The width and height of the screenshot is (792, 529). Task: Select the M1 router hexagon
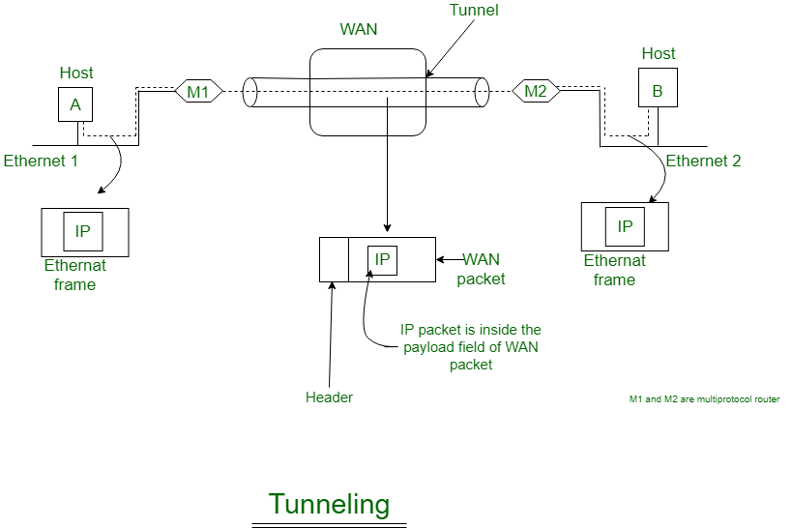coord(198,92)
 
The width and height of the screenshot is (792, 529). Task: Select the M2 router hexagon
coord(536,92)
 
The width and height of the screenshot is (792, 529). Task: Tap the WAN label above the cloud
coord(358,29)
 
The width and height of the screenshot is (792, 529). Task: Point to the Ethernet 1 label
coord(41,161)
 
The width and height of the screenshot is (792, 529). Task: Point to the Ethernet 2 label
coord(703,161)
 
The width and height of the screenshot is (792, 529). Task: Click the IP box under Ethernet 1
coord(83,232)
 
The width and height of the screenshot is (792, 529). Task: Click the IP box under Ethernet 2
coord(625,226)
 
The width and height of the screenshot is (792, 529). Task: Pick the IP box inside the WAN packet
coord(382,259)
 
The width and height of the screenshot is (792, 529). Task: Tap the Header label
coord(329,397)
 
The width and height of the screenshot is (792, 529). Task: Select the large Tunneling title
coord(329,504)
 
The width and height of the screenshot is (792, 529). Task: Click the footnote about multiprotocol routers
coord(704,398)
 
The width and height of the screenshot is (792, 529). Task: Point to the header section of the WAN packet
coord(334,259)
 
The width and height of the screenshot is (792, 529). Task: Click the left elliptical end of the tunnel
coord(250,92)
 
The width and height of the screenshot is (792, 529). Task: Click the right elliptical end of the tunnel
coord(481,92)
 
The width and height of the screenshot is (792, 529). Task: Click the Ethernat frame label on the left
coord(74,275)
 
